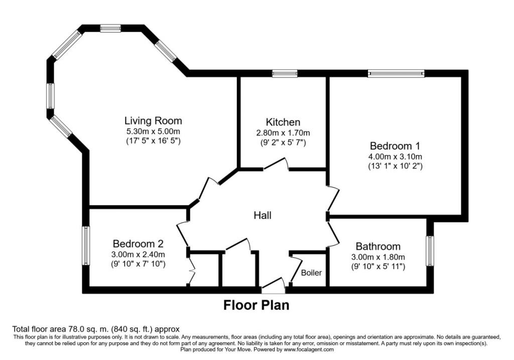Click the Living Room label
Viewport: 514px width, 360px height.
[153, 121]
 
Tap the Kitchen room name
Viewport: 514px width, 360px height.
[283, 122]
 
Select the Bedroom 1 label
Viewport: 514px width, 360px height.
[395, 146]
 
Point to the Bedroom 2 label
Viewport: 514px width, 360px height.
[138, 244]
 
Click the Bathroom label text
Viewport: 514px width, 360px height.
[378, 246]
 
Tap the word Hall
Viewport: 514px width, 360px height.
[263, 215]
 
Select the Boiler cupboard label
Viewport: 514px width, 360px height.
[311, 273]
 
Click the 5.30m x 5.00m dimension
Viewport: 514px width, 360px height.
[154, 132]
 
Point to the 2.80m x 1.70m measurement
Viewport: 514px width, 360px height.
[283, 133]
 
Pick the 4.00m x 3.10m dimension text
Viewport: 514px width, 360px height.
[395, 156]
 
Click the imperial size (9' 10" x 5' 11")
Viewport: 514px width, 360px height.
[378, 267]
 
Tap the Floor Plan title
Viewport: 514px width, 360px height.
[256, 305]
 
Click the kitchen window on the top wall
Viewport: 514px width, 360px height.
[285, 73]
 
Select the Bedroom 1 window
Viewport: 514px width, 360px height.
[396, 73]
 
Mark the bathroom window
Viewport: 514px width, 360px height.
[430, 251]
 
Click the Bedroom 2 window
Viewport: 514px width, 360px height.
[85, 245]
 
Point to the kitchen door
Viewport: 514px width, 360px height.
[276, 164]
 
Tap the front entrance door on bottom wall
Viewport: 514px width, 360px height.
[273, 286]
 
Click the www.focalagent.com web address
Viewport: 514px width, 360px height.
[309, 349]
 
